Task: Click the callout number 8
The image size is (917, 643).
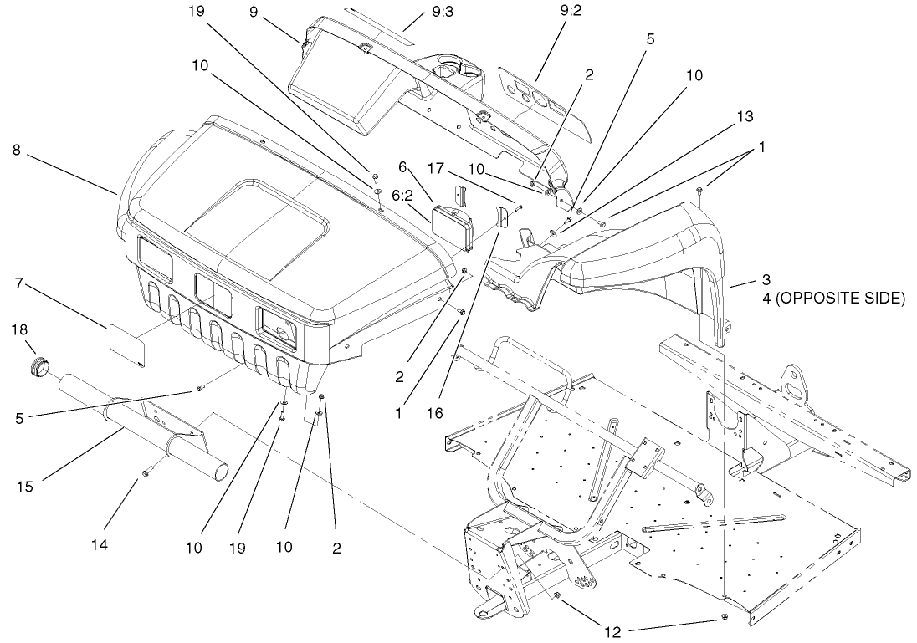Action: pyautogui.click(x=16, y=151)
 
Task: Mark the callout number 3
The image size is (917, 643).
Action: pyautogui.click(x=766, y=278)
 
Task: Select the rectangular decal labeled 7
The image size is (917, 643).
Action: pyautogui.click(x=128, y=344)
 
